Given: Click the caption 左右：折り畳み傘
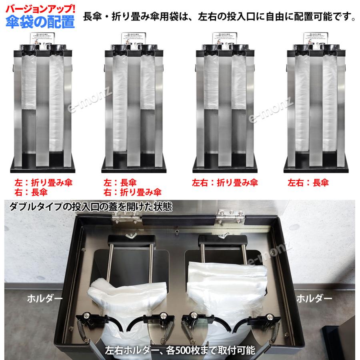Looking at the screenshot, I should click(x=225, y=183).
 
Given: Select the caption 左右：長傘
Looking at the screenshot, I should click(x=308, y=183).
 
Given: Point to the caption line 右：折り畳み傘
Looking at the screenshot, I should click(x=132, y=192).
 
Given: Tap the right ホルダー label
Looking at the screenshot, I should click(x=315, y=298).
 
